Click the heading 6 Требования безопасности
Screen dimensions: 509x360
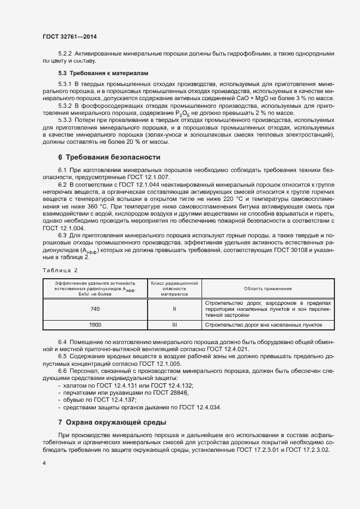click(109, 157)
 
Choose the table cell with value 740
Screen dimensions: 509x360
click(95, 309)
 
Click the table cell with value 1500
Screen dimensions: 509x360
click(95, 325)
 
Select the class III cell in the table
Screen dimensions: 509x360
click(174, 325)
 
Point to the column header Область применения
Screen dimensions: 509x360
click(267, 289)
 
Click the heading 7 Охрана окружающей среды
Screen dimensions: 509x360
click(112, 422)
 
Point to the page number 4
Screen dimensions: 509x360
click(44, 463)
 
